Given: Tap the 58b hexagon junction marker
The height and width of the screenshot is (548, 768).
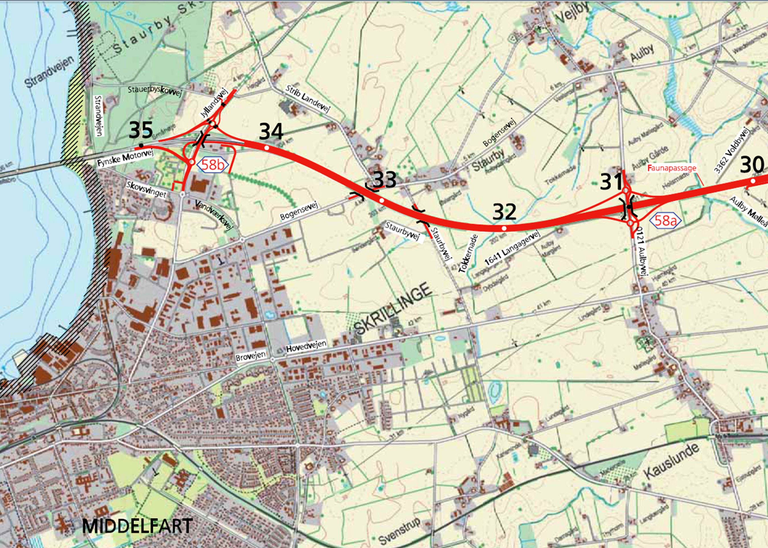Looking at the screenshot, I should (213, 165).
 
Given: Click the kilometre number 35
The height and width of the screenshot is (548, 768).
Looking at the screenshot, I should (141, 130).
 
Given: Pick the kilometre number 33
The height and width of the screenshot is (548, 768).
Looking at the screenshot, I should (385, 180).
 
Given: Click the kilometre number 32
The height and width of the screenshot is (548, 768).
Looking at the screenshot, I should (504, 212).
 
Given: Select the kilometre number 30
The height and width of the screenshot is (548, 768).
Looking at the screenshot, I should (752, 166).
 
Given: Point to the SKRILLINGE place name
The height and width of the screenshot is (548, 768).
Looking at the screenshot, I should (393, 309).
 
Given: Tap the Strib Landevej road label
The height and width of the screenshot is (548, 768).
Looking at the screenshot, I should (308, 98).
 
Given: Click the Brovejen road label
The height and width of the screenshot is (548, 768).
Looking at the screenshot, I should (251, 356).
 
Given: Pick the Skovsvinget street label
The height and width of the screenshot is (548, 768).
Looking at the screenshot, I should (146, 189).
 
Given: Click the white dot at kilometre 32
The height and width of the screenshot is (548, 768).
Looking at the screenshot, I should (504, 228).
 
